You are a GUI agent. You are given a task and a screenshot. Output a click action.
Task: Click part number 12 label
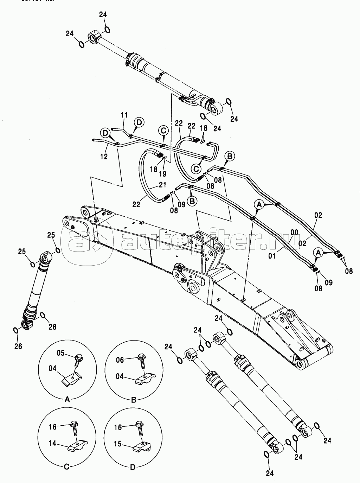pos(104,156)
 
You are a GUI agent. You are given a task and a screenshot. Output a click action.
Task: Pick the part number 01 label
pos(272,256)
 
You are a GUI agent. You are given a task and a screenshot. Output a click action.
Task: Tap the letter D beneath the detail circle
pos(133,467)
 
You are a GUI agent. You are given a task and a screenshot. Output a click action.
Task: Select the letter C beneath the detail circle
pos(66,467)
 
